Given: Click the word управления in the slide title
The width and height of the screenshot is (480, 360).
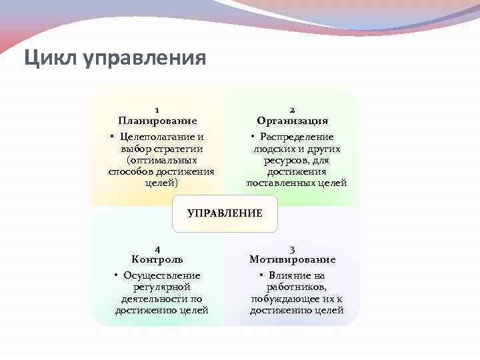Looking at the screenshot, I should coord(144,58).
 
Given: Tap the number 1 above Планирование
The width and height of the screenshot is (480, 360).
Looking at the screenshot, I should coord(157,109).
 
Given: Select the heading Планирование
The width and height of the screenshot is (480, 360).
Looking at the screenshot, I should coord(157,121).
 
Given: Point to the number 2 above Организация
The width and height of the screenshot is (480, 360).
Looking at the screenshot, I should coord(293,109).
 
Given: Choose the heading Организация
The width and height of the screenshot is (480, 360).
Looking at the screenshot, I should coord(293,121).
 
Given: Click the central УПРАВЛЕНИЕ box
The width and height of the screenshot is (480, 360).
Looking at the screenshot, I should coord(225,213).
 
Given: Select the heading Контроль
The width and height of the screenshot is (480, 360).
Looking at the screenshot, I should coord(157,259).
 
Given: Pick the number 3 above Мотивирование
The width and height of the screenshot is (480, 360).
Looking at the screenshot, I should coord(293,248).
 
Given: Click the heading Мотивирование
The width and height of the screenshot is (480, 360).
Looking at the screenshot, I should coord(293,259).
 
